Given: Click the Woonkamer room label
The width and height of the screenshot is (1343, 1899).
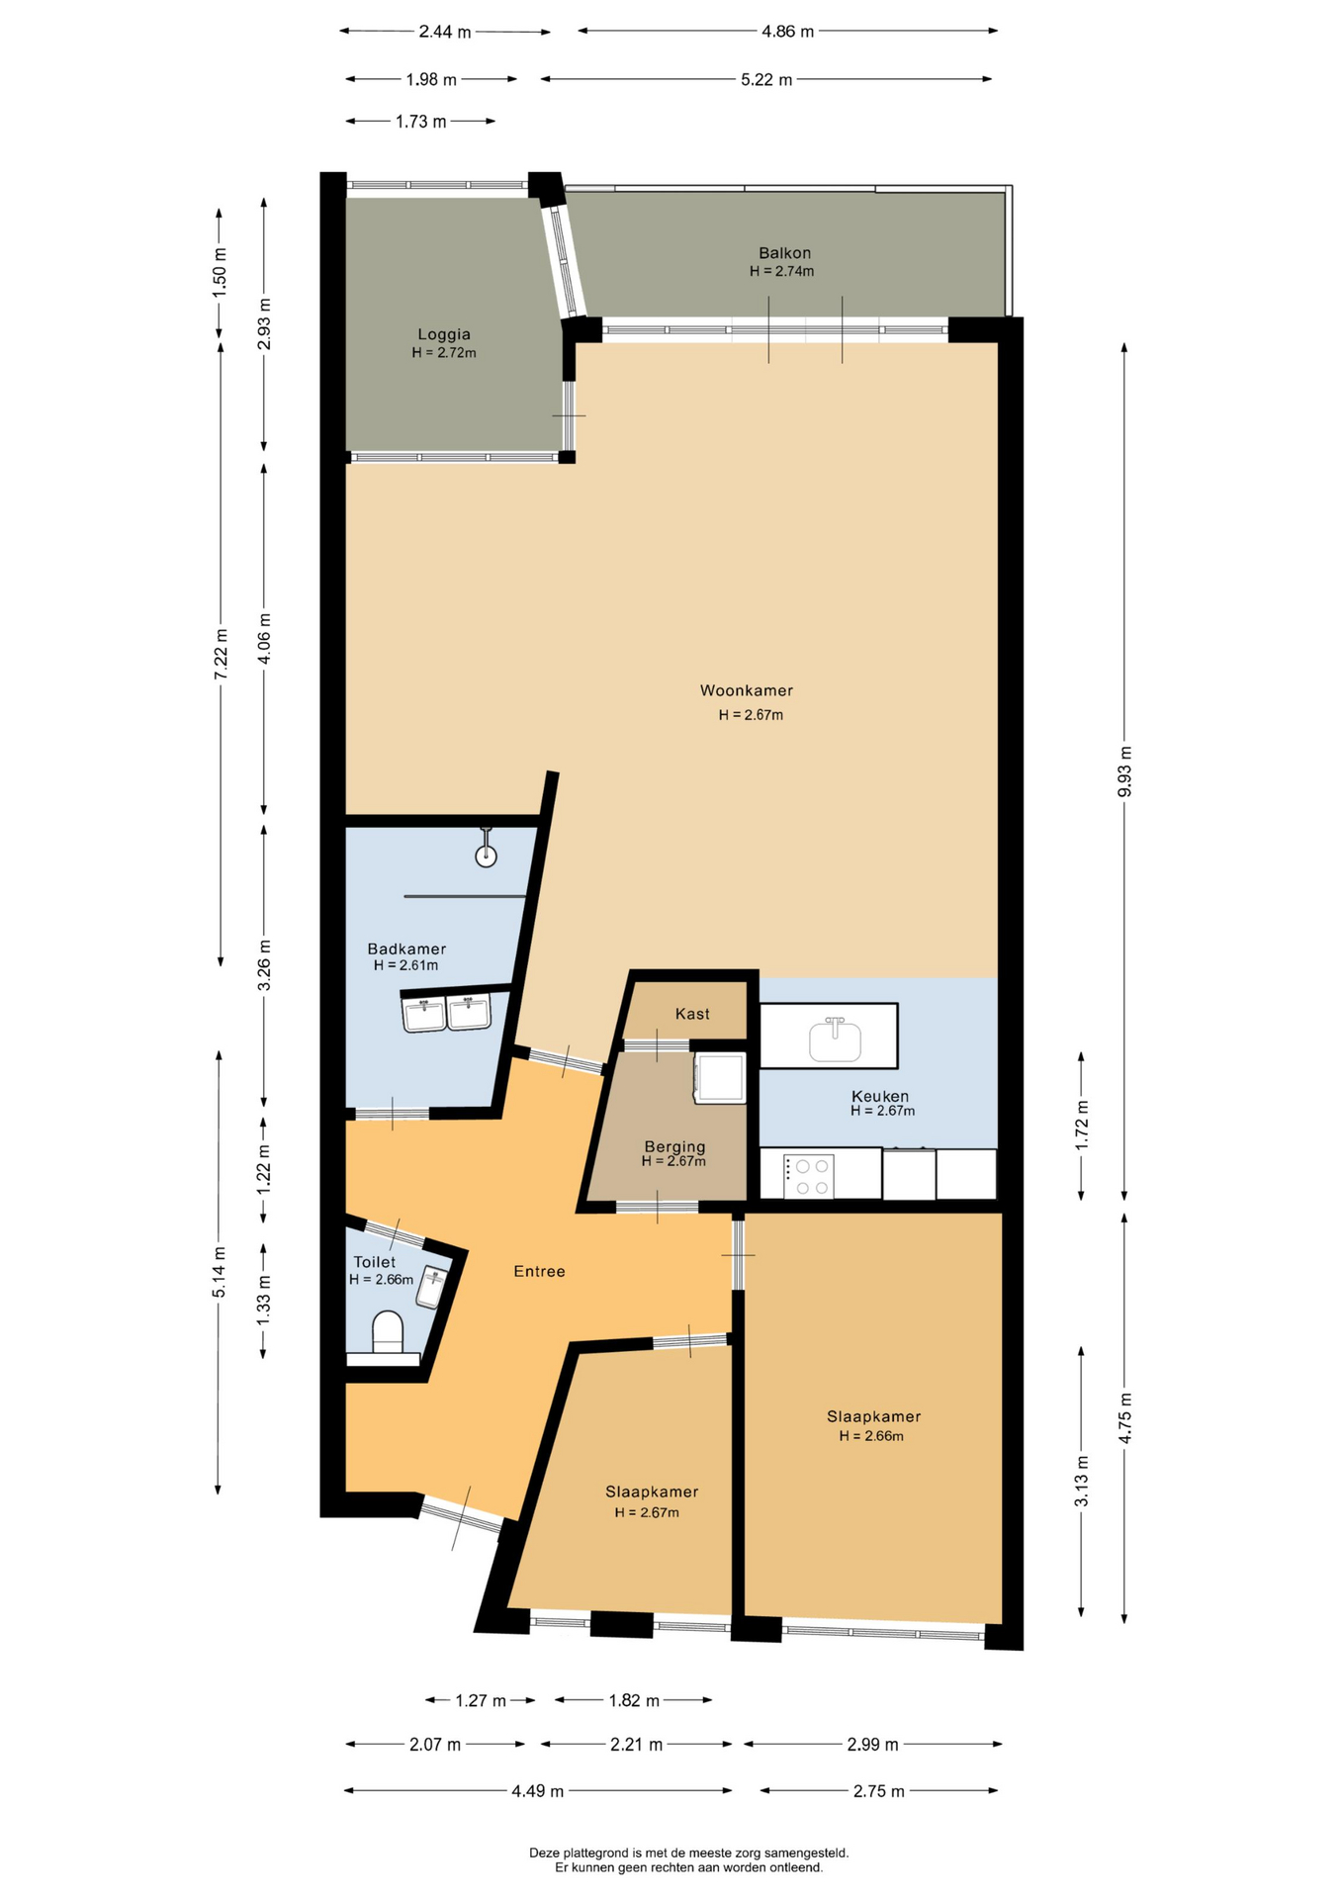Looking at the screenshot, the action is pyautogui.click(x=746, y=690).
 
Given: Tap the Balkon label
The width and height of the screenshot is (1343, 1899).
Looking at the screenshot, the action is pyautogui.click(x=784, y=253).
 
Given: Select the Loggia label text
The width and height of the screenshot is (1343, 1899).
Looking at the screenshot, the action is pyautogui.click(x=444, y=334).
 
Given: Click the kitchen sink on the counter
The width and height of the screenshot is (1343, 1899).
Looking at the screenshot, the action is pyautogui.click(x=835, y=1040).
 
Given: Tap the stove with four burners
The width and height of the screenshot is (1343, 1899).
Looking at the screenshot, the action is pyautogui.click(x=810, y=1176).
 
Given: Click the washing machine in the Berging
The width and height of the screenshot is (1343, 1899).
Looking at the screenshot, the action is pyautogui.click(x=720, y=1077).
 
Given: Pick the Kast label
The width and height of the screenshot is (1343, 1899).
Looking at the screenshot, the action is pyautogui.click(x=692, y=1014).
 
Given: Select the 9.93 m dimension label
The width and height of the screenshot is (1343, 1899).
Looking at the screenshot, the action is pyautogui.click(x=1124, y=771).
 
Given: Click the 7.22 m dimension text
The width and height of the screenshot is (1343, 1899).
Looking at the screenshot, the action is pyautogui.click(x=221, y=654).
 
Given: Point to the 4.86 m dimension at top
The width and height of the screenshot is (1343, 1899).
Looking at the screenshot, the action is pyautogui.click(x=787, y=32).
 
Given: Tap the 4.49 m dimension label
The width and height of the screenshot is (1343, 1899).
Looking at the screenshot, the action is pyautogui.click(x=537, y=1791).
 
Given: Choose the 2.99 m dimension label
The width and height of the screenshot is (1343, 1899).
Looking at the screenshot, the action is pyautogui.click(x=872, y=1745).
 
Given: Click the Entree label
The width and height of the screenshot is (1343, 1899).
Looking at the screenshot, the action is pyautogui.click(x=539, y=1272).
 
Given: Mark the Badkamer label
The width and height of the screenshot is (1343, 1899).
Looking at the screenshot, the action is pyautogui.click(x=406, y=949).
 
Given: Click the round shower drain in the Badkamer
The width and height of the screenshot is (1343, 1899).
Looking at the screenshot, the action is pyautogui.click(x=486, y=857).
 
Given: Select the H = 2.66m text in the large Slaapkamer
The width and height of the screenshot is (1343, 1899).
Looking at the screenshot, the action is pyautogui.click(x=871, y=1436).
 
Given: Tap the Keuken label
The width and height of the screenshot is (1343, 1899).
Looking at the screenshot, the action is pyautogui.click(x=880, y=1096).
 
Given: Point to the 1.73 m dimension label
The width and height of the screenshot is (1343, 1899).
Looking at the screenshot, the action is pyautogui.click(x=420, y=122).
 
